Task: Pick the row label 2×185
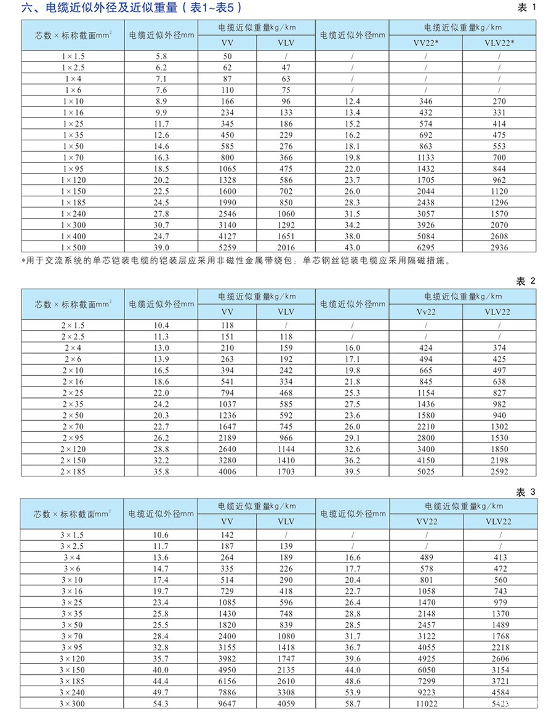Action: click(73, 472)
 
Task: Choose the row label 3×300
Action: click(73, 703)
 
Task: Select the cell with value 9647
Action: click(227, 703)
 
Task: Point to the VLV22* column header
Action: click(499, 42)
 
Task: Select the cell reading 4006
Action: click(227, 472)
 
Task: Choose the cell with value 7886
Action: click(227, 692)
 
